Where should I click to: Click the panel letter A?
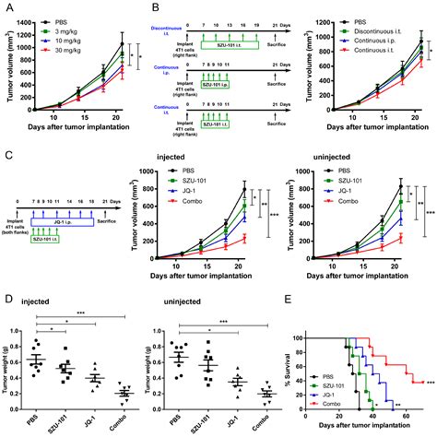(x=6, y=7)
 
